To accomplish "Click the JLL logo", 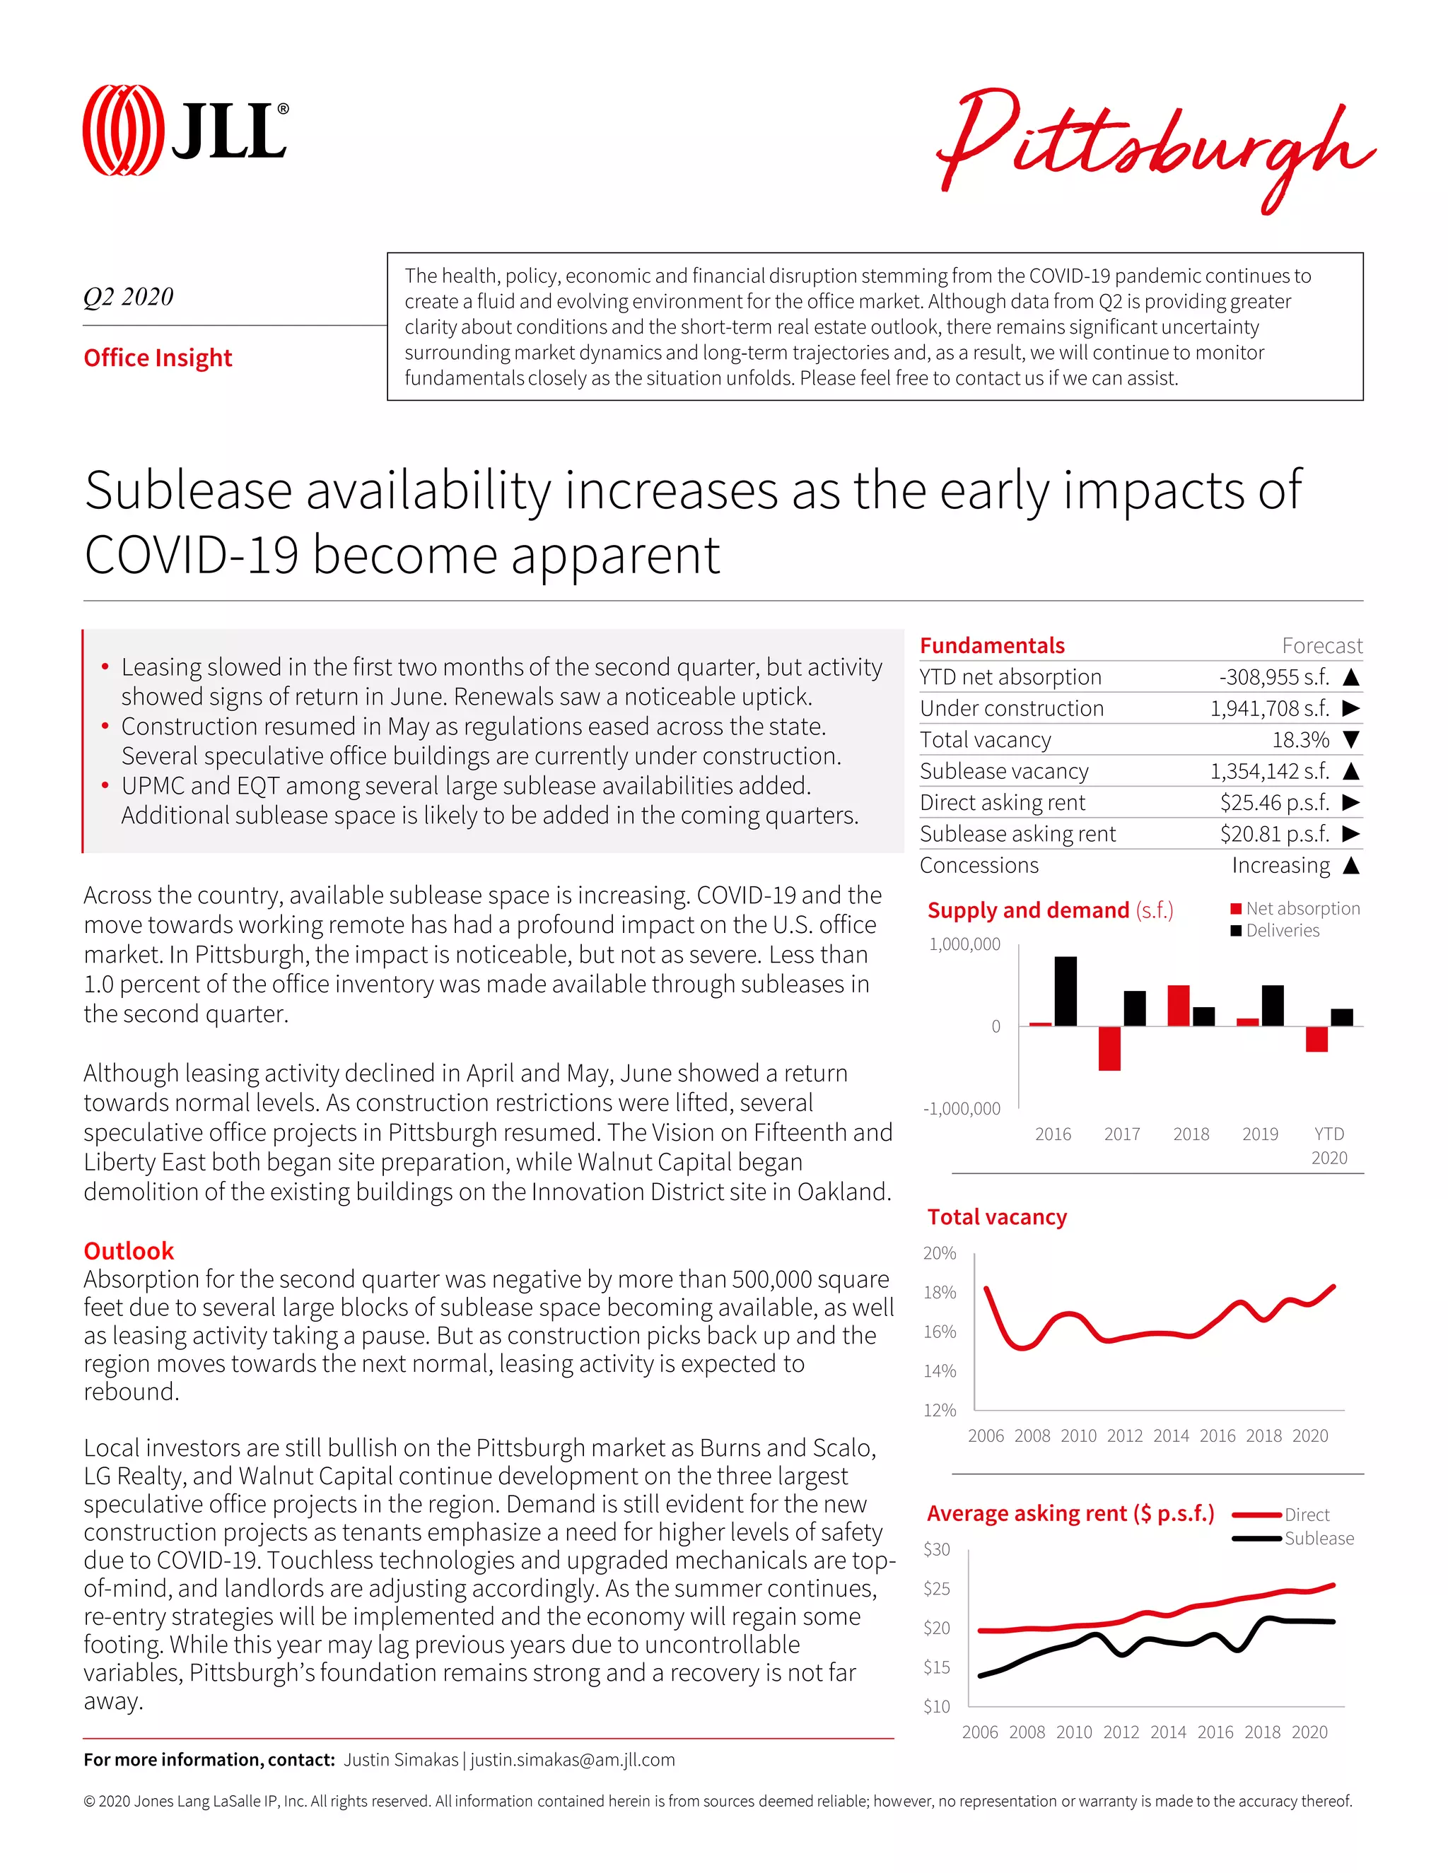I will (185, 130).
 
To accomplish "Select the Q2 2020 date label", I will (129, 297).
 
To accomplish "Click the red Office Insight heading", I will (158, 358).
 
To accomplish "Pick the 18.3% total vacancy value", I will (1300, 739).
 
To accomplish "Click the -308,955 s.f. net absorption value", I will (1274, 676).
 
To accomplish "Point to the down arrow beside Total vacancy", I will (1351, 739).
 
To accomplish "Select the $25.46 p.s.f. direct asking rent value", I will (1274, 802).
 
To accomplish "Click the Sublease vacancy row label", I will (1004, 771).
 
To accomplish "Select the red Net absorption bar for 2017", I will (1109, 1048).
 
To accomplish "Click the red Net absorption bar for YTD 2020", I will (1316, 1038).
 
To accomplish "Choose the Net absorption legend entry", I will (1295, 908).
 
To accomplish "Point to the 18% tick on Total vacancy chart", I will (940, 1293).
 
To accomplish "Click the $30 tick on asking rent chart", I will (937, 1549).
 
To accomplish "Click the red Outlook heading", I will (129, 1250).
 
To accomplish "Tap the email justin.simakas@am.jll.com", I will (572, 1760).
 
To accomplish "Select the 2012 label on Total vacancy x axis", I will (1125, 1435).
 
